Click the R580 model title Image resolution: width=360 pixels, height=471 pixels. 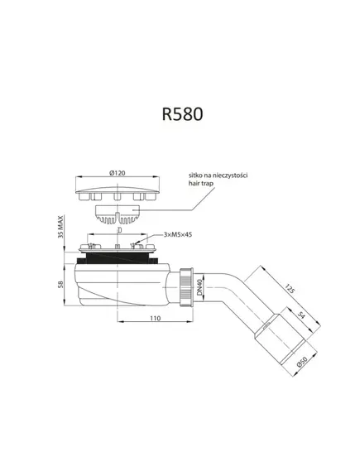182,114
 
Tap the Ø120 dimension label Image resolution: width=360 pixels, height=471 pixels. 118,173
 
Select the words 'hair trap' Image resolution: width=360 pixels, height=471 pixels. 201,183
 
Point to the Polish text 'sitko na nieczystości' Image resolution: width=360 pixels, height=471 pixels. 218,175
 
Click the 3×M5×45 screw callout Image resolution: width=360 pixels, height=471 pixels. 178,234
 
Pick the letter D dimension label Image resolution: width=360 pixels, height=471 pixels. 119,230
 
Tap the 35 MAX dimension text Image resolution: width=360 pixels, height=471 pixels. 60,227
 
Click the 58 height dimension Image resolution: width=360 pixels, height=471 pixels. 60,284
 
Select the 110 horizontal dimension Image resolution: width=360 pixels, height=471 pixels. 155,318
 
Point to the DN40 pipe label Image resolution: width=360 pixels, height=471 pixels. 199,288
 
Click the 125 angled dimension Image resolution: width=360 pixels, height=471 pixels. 289,289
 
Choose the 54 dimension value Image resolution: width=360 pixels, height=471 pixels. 301,315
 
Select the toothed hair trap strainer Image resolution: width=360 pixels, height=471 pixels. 118,214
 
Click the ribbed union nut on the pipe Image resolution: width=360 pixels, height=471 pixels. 187,287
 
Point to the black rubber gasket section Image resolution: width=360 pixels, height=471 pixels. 118,258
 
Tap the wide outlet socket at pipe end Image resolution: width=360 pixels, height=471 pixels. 281,339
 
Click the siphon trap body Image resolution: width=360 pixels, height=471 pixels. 122,285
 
